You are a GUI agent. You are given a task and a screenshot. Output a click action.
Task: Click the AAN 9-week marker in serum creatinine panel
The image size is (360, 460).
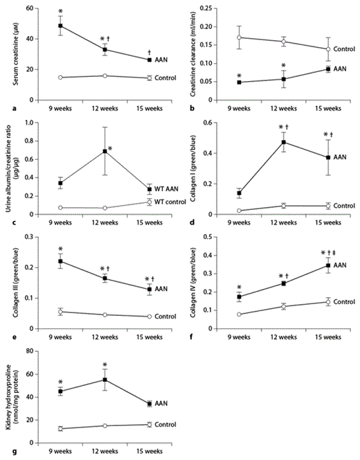[x=61, y=26]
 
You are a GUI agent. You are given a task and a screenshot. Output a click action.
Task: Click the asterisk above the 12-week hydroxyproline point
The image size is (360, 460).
[x=105, y=365]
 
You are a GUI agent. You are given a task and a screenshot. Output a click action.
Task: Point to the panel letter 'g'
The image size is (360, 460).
[x=7, y=452]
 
